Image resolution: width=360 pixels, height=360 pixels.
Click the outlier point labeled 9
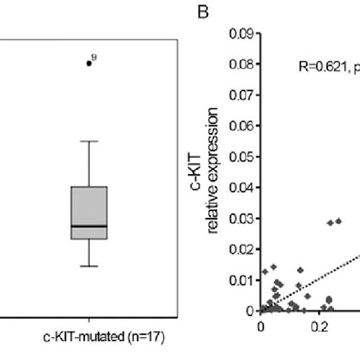89,63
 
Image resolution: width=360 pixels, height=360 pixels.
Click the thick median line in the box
89,226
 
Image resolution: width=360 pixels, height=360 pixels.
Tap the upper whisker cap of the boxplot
89,141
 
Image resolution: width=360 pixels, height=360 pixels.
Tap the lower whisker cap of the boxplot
89,266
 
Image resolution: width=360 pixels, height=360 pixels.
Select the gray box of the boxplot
89,209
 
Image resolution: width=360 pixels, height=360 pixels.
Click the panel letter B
202,11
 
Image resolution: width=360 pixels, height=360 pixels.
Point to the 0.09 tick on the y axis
243,34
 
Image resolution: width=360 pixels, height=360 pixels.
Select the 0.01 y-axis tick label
243,280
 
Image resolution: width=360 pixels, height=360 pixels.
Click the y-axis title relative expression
216,171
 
